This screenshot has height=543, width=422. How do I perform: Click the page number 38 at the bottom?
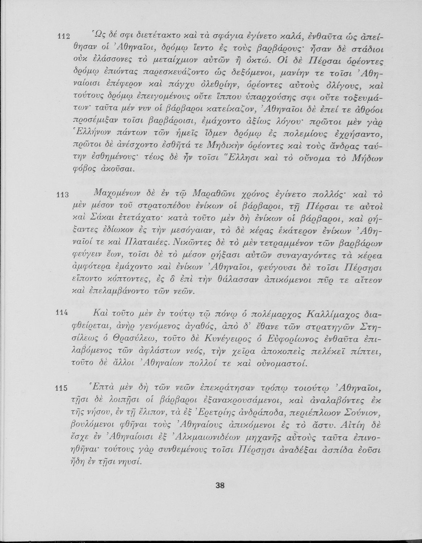220,486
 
